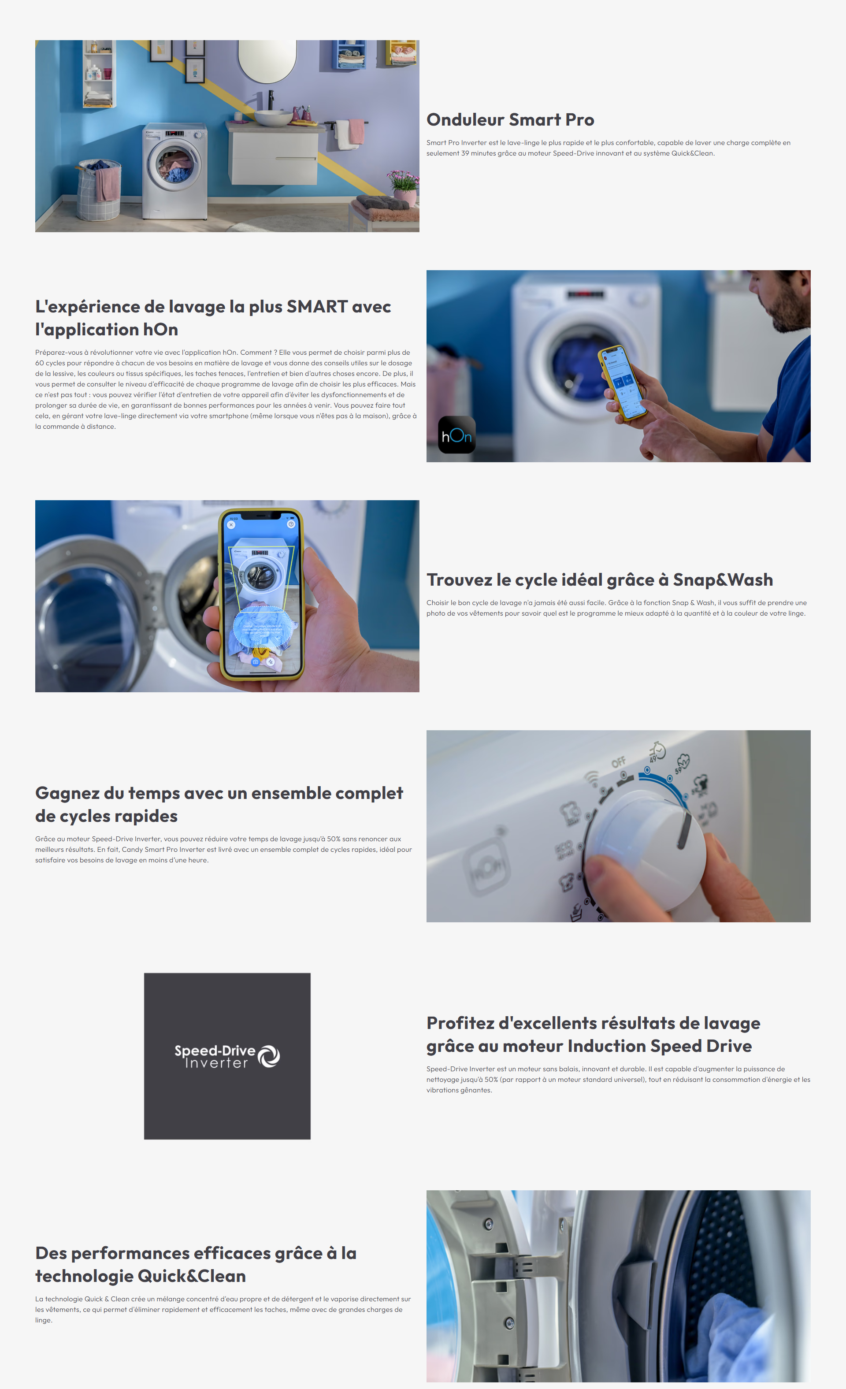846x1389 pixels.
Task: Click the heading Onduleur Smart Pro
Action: (x=510, y=119)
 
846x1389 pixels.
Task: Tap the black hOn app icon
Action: (x=456, y=435)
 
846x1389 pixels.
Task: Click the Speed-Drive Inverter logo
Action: (x=227, y=1056)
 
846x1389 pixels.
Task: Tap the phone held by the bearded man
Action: (x=622, y=382)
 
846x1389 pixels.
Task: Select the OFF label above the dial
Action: (x=618, y=762)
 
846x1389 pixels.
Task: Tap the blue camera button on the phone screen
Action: (x=255, y=662)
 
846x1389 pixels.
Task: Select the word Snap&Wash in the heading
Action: (x=723, y=579)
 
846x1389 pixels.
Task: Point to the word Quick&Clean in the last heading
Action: (x=192, y=1276)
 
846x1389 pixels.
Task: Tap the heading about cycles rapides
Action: (x=219, y=804)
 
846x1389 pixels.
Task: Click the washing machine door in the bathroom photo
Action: (x=174, y=165)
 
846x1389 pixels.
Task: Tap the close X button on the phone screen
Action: (x=231, y=525)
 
